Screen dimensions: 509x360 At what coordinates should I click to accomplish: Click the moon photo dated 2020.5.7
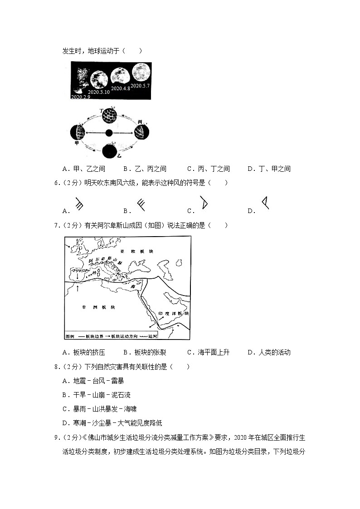click(141, 73)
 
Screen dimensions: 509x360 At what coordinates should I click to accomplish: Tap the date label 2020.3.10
click(99, 92)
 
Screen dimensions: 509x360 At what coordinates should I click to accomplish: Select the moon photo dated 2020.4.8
click(119, 76)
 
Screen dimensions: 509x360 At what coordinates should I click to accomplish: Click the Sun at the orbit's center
click(109, 133)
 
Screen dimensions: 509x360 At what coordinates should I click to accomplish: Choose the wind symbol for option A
click(78, 205)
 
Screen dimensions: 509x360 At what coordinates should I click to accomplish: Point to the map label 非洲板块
click(98, 307)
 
